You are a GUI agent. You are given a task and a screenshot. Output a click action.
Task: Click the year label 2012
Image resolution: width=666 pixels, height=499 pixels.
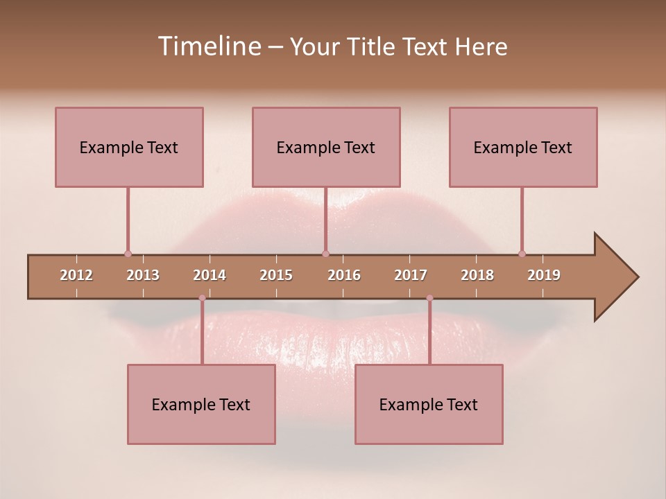point(76,275)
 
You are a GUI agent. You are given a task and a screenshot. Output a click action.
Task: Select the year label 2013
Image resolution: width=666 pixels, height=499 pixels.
point(143,275)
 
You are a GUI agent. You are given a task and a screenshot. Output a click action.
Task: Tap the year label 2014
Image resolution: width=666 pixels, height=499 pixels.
point(210,275)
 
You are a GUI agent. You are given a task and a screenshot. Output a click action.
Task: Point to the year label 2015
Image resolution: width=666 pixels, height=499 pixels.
point(276,275)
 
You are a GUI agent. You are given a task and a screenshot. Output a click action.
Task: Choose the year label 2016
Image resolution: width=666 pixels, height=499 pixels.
point(344,275)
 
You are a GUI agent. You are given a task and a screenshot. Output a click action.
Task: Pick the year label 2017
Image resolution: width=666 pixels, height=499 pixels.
point(411,275)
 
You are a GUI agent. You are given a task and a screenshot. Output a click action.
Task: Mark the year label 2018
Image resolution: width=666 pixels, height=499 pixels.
point(477,275)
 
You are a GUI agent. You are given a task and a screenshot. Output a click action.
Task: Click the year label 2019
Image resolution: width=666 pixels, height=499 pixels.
point(544,275)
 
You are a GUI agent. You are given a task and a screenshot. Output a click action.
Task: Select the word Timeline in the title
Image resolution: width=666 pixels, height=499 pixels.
point(209,46)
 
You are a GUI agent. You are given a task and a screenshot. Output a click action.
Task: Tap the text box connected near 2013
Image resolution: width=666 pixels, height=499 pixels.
point(129,147)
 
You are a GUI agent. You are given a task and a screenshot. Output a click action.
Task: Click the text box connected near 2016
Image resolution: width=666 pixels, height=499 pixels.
point(326,147)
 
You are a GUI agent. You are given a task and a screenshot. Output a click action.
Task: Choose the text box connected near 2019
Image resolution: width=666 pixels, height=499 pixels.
point(523,147)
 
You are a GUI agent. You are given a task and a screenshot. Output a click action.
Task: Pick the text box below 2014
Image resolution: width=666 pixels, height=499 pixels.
point(201,404)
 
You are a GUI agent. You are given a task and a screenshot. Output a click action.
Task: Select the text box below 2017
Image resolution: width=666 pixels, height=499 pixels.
point(429,404)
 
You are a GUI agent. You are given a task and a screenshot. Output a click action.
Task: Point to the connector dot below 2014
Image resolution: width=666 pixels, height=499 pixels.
point(202,298)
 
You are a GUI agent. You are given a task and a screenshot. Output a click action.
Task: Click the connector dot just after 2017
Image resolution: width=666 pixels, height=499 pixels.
point(429,298)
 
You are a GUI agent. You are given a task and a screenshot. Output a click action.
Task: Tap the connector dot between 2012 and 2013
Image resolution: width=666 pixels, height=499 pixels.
point(128,254)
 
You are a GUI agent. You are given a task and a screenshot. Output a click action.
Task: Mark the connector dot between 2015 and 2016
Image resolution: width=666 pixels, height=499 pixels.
point(325,254)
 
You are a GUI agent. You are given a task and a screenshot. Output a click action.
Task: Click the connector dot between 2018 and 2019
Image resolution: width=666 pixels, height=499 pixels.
point(522,254)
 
